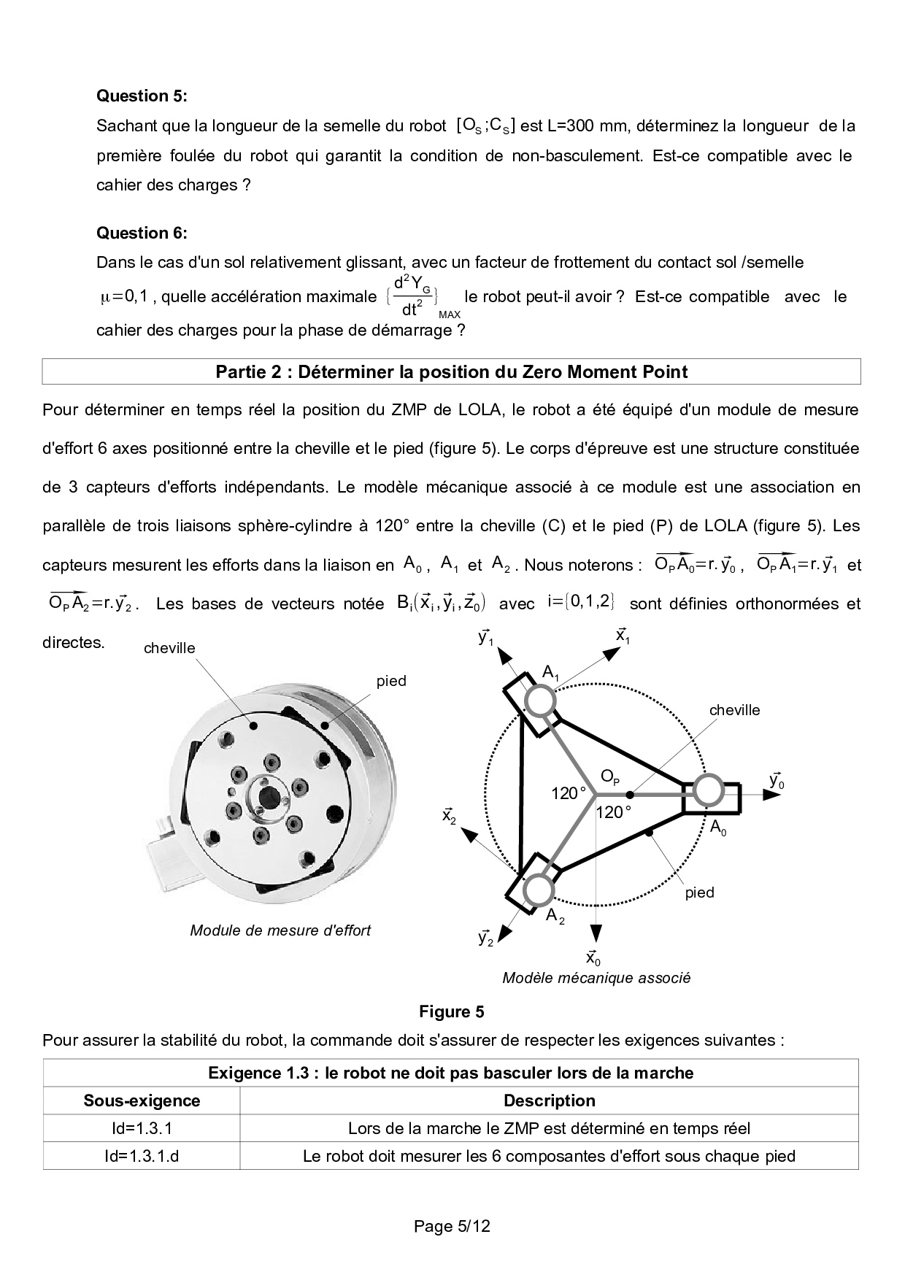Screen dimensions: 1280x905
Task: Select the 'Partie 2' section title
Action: (451, 372)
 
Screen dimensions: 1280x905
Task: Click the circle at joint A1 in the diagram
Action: (541, 701)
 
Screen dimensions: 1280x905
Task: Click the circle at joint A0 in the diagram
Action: (707, 791)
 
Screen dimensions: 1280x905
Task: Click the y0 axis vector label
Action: (777, 781)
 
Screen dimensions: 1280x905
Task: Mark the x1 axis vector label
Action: (623, 636)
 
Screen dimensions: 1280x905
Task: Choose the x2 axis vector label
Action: (450, 816)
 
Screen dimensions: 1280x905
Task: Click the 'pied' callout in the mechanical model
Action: (698, 892)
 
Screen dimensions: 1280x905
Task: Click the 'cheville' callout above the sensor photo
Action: (169, 648)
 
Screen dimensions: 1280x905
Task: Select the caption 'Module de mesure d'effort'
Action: (280, 930)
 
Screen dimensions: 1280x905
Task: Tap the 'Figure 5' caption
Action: (451, 1011)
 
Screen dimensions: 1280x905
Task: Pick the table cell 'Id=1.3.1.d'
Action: (142, 1156)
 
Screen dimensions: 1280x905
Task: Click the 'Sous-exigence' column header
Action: (142, 1100)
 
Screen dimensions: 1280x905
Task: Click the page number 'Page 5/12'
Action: (452, 1226)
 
